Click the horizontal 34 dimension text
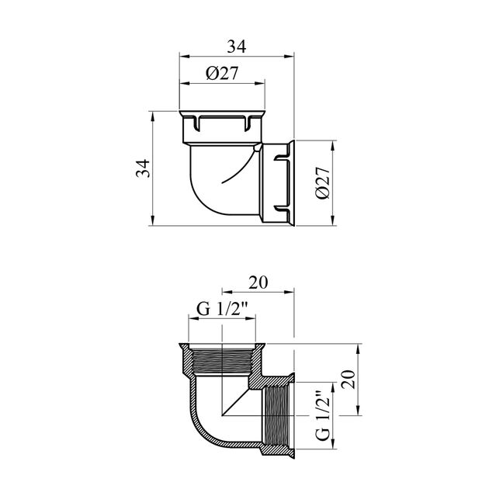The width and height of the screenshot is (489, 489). point(237,47)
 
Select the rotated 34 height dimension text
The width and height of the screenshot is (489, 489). point(143,168)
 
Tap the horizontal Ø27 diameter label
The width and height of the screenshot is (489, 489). point(222,74)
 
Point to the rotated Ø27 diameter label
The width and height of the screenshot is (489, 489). point(322,182)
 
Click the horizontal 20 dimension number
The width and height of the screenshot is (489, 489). point(258,283)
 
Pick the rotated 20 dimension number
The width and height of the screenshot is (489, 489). point(348,380)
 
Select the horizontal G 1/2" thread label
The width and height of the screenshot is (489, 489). point(222,310)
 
